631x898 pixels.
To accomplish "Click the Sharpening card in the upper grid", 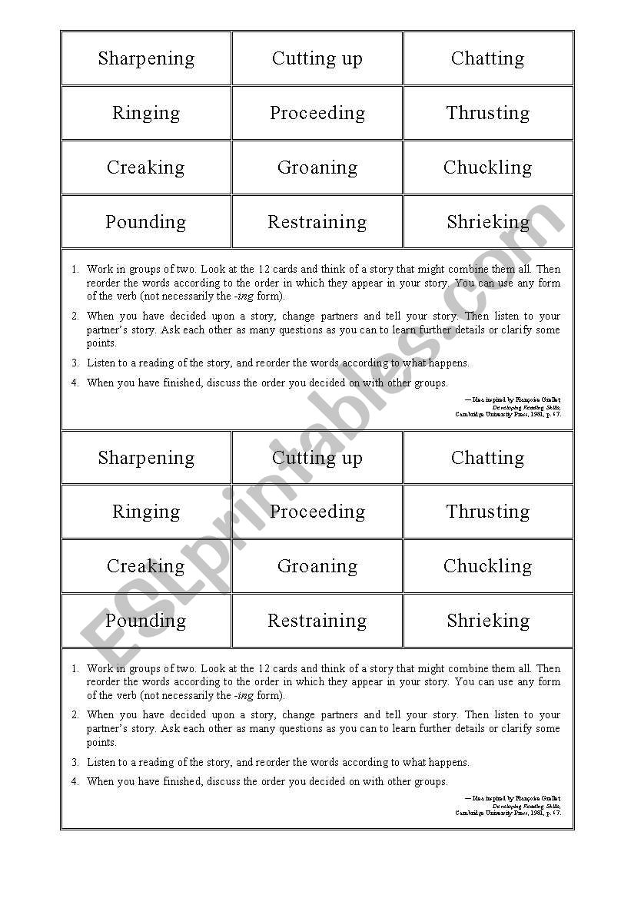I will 146,58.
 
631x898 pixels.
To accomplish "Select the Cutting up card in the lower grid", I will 317,458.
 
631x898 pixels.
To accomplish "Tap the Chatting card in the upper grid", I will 487,58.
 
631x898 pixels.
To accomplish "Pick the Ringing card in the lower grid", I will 146,512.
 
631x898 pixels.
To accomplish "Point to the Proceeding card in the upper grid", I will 317,113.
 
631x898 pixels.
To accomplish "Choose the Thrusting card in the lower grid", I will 487,512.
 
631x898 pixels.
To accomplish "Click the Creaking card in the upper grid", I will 146,167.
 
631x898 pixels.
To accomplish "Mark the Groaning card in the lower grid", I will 317,566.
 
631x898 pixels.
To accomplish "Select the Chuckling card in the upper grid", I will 487,167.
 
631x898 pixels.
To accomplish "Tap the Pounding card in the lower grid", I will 146,621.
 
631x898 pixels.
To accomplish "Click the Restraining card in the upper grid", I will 317,222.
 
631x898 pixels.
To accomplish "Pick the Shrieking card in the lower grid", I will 487,621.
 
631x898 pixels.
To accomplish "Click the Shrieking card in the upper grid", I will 487,222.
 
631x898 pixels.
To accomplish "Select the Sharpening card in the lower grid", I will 146,458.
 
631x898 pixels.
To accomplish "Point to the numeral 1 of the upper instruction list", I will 75,270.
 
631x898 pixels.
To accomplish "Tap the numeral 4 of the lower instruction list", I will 75,782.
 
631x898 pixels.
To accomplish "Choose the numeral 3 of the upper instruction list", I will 75,363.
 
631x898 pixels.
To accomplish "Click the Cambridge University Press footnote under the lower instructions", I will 508,813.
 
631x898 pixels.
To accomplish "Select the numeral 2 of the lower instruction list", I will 75,715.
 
